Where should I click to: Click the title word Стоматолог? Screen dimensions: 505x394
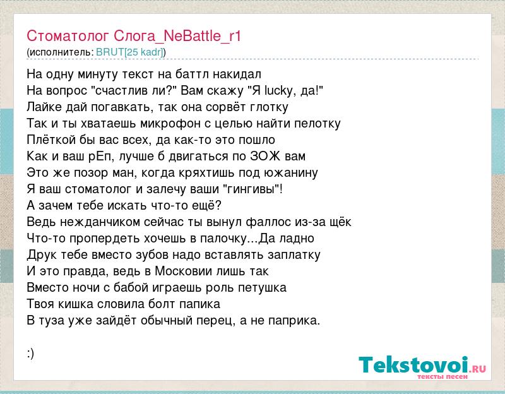pyautogui.click(x=68, y=36)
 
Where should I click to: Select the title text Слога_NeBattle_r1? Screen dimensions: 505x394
pyautogui.click(x=177, y=36)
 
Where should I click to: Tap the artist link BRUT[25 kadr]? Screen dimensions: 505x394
pyautogui.click(x=130, y=52)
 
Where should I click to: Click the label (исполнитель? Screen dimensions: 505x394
pyautogui.click(x=60, y=52)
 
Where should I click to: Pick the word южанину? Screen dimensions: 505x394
pyautogui.click(x=291, y=173)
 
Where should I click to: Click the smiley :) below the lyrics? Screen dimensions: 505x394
pyautogui.click(x=30, y=354)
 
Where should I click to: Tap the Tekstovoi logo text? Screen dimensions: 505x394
pyautogui.click(x=414, y=365)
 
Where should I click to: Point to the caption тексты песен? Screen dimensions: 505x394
pyautogui.click(x=443, y=376)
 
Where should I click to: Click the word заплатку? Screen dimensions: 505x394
pyautogui.click(x=294, y=255)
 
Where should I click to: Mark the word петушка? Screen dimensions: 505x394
pyautogui.click(x=262, y=288)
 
